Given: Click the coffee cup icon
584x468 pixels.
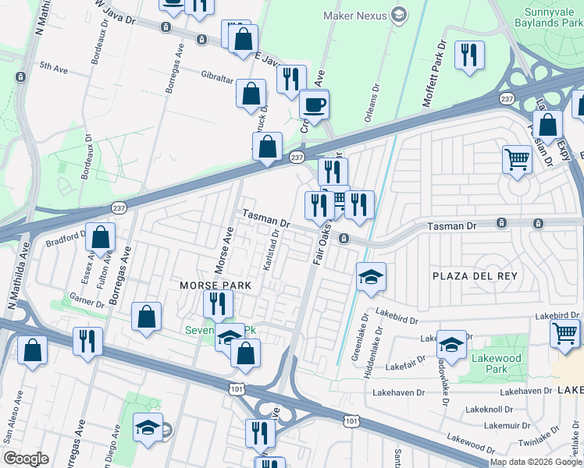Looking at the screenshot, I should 314,105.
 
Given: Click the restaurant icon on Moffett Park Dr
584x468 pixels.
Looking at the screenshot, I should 469,55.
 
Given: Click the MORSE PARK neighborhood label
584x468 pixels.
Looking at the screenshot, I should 215,285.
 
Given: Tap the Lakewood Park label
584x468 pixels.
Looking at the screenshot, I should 518,363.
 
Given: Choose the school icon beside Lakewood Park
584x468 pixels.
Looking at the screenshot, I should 452,344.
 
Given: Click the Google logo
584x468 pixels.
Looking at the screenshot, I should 26,459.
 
